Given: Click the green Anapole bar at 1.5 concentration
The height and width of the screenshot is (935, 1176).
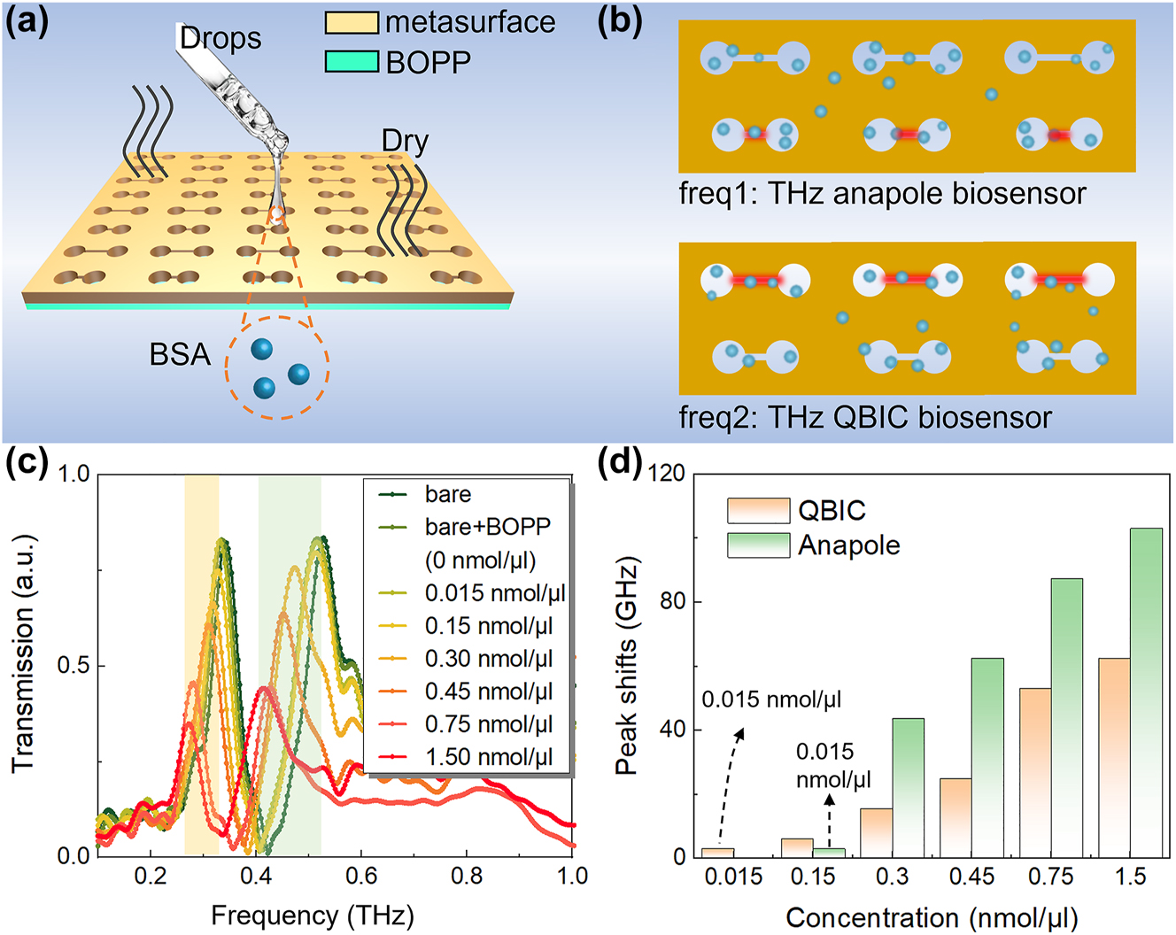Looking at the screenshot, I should tap(1146, 691).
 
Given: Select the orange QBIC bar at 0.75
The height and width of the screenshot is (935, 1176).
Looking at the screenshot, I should tap(1035, 770).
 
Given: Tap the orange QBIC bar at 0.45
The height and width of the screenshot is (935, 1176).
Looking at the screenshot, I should tap(955, 816).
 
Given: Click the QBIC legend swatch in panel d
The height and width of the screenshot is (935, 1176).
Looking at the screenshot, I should tap(758, 511).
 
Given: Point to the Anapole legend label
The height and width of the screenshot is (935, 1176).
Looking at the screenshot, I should tap(848, 545).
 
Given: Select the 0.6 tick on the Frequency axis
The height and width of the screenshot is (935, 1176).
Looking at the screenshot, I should tap(361, 877).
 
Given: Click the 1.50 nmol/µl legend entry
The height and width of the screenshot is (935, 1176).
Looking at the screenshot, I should tap(488, 757).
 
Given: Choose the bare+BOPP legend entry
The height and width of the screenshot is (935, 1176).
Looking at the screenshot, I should tap(487, 527).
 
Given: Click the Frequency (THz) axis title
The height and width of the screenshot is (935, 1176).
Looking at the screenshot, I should tap(312, 915).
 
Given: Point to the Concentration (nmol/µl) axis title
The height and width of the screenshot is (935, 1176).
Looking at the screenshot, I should tap(932, 917).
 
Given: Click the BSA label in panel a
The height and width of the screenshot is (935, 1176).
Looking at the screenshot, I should tap(180, 355).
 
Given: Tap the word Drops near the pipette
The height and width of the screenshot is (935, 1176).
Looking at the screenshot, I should tap(220, 38).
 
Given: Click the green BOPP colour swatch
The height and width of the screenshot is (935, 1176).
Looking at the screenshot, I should tap(352, 61).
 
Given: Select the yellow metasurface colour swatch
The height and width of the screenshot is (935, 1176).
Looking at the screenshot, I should tap(352, 22).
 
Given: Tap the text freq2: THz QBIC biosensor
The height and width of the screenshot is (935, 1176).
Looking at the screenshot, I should tap(865, 417).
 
